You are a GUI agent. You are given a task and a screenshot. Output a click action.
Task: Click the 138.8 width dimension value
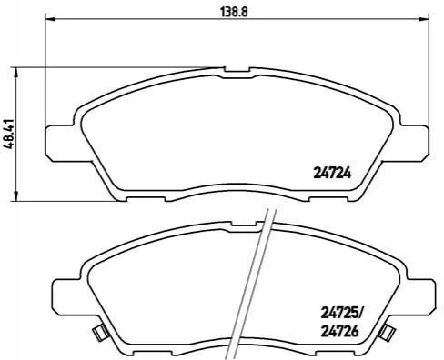coord(234,12)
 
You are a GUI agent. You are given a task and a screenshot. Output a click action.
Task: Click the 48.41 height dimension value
coord(9,134)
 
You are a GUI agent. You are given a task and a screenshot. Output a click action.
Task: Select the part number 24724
coord(332,174)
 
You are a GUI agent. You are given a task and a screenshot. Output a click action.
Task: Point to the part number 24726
coord(339,331)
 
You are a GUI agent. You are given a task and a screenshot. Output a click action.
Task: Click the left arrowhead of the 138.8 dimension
coord(49,19)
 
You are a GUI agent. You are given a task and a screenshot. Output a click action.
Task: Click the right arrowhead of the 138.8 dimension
coord(423,19)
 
